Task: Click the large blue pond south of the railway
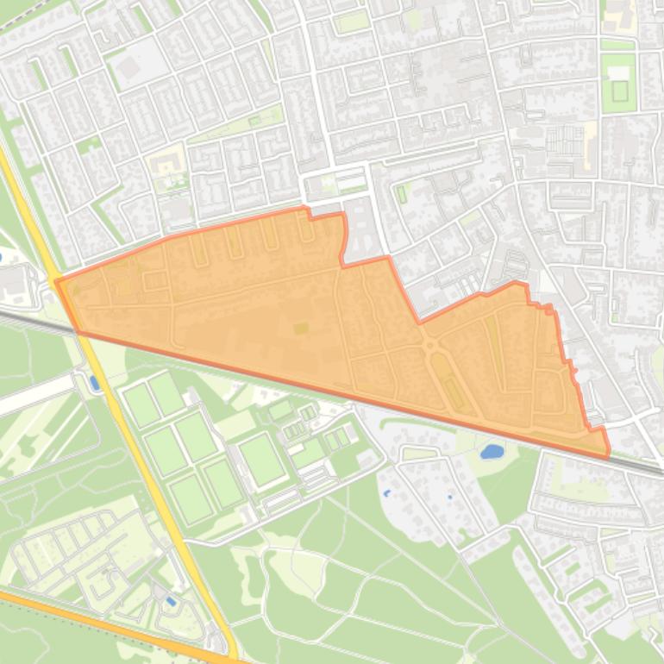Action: click(x=491, y=451)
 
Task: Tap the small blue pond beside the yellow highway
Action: click(x=94, y=382)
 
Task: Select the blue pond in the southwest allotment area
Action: click(x=170, y=601)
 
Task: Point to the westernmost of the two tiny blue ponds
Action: click(x=385, y=492)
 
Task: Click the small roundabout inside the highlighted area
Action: click(x=429, y=347)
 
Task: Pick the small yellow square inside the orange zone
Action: click(x=300, y=328)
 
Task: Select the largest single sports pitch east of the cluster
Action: click(x=261, y=459)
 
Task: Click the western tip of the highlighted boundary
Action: click(x=57, y=281)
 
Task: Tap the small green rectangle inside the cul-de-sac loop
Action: click(x=401, y=193)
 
